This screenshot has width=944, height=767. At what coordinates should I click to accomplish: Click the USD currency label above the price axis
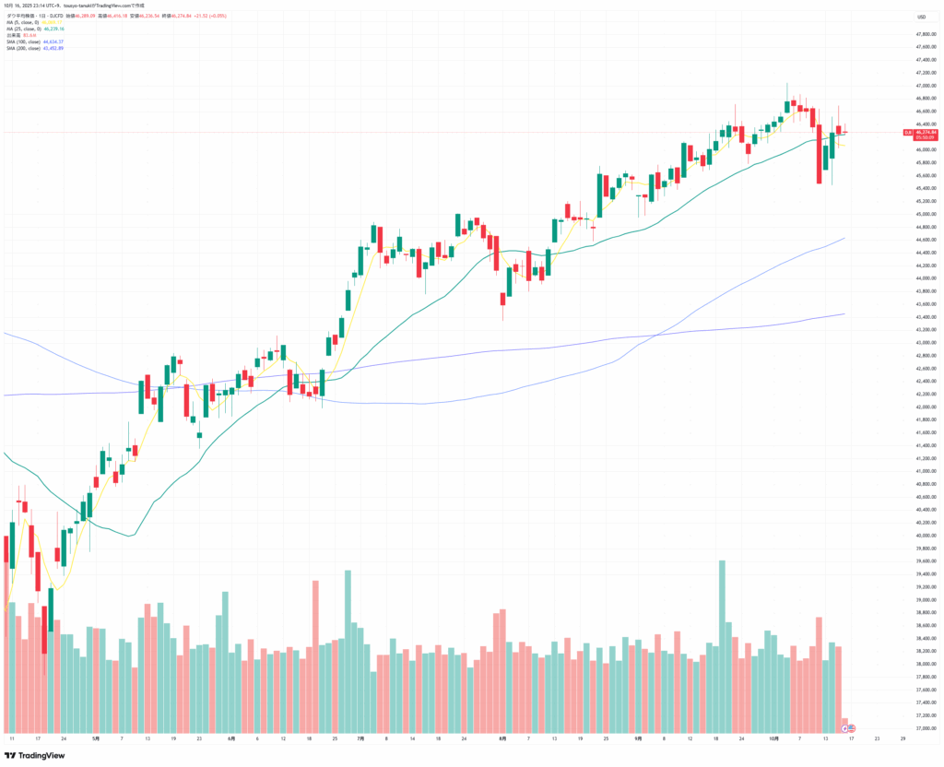(x=920, y=18)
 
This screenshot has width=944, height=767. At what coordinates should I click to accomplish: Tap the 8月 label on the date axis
(x=502, y=739)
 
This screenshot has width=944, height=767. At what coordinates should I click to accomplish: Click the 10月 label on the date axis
(x=775, y=739)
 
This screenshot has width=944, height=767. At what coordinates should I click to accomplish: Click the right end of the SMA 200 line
(x=845, y=313)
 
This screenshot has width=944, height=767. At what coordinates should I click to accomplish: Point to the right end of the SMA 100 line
(x=845, y=238)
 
